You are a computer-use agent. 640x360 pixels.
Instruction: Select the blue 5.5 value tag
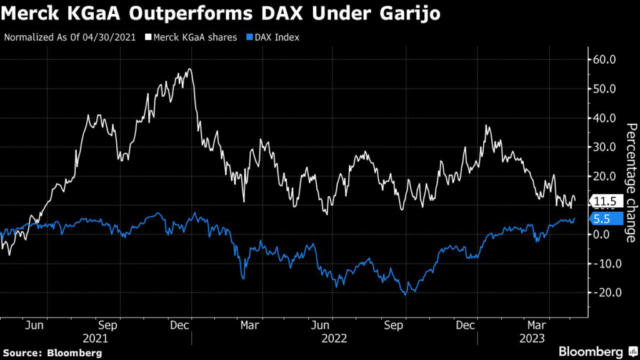tap(606, 219)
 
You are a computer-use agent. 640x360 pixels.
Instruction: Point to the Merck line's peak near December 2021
tap(189, 69)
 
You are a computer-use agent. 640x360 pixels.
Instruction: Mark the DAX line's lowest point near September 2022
tap(406, 294)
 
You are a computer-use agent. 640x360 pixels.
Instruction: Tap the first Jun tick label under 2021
tap(36, 325)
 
